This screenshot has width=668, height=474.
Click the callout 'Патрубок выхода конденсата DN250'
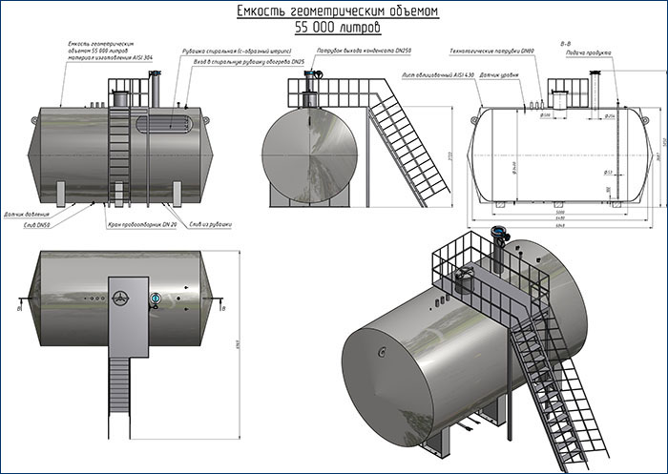365,49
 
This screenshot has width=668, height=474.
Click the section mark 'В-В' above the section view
567,42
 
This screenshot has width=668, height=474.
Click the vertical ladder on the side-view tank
119,153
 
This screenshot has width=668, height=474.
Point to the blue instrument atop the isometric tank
497,233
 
